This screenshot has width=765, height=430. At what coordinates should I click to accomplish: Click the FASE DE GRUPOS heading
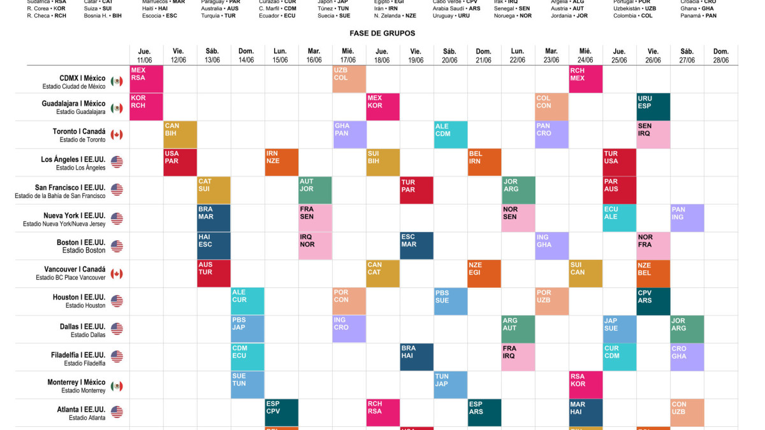click(x=382, y=33)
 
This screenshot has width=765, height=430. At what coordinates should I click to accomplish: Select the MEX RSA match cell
click(x=147, y=79)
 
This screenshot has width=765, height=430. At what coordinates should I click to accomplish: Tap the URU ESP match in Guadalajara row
click(x=653, y=107)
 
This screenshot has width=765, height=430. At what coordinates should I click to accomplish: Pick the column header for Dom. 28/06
click(x=720, y=55)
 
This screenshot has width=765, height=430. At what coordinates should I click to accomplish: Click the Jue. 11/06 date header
click(x=147, y=55)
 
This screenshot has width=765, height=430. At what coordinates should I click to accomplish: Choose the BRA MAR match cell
click(x=214, y=217)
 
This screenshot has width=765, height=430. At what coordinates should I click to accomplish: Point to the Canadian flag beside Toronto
click(x=117, y=134)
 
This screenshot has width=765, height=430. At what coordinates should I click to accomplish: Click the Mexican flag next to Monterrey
click(x=117, y=386)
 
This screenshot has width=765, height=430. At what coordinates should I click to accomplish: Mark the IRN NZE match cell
click(x=281, y=162)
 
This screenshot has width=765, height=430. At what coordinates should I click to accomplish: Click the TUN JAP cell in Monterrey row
click(x=450, y=384)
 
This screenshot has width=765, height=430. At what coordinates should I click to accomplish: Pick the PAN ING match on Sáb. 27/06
click(x=687, y=217)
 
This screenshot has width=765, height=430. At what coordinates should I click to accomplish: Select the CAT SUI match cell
click(x=214, y=190)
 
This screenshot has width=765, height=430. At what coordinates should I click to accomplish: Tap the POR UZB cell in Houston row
click(x=551, y=301)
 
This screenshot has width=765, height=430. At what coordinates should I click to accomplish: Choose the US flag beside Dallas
click(x=117, y=329)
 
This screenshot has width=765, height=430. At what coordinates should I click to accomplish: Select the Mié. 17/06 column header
click(x=349, y=55)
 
